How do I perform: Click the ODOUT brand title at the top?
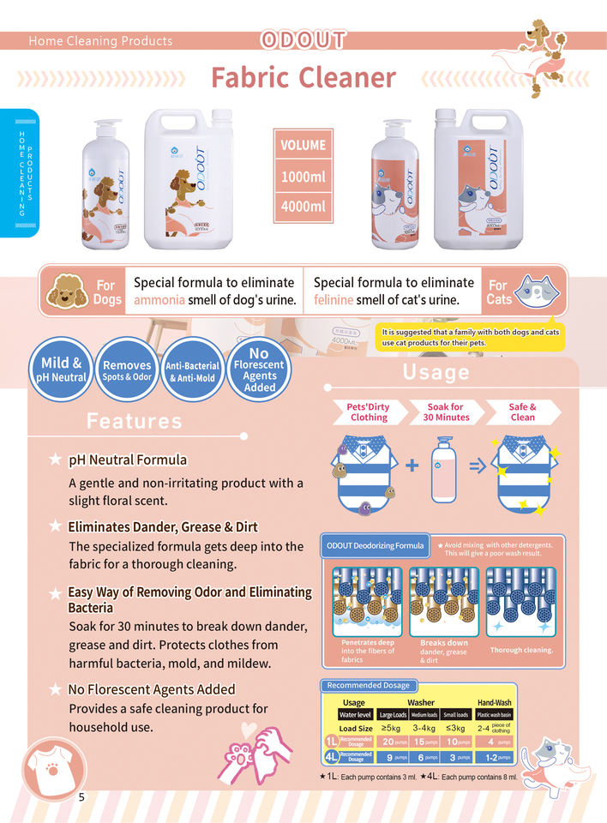tap(303, 40)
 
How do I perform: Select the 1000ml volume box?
tap(303, 177)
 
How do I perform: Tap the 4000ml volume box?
tap(303, 206)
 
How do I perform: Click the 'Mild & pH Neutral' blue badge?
tap(61, 370)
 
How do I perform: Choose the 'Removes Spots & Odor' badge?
tap(127, 370)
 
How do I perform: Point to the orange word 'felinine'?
tap(336, 300)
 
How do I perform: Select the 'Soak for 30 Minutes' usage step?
tap(446, 411)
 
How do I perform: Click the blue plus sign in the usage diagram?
tap(412, 466)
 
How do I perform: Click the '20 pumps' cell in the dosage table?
tap(394, 742)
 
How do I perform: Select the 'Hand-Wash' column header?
tap(495, 702)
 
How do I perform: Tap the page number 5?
tap(81, 797)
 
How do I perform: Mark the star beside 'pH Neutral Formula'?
tap(56, 461)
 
